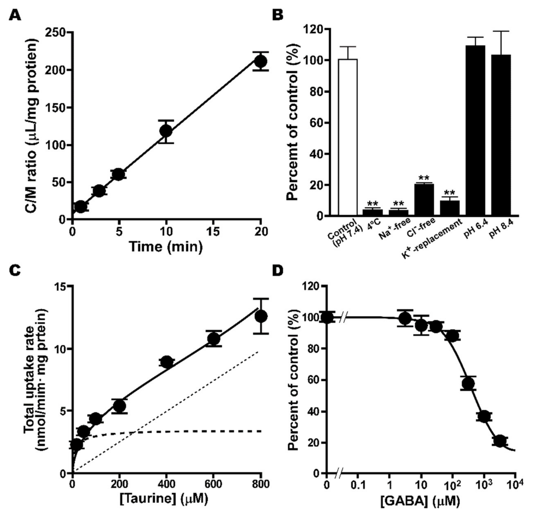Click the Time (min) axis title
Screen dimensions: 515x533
(x=166, y=247)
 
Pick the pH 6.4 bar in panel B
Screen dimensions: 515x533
(x=475, y=130)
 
